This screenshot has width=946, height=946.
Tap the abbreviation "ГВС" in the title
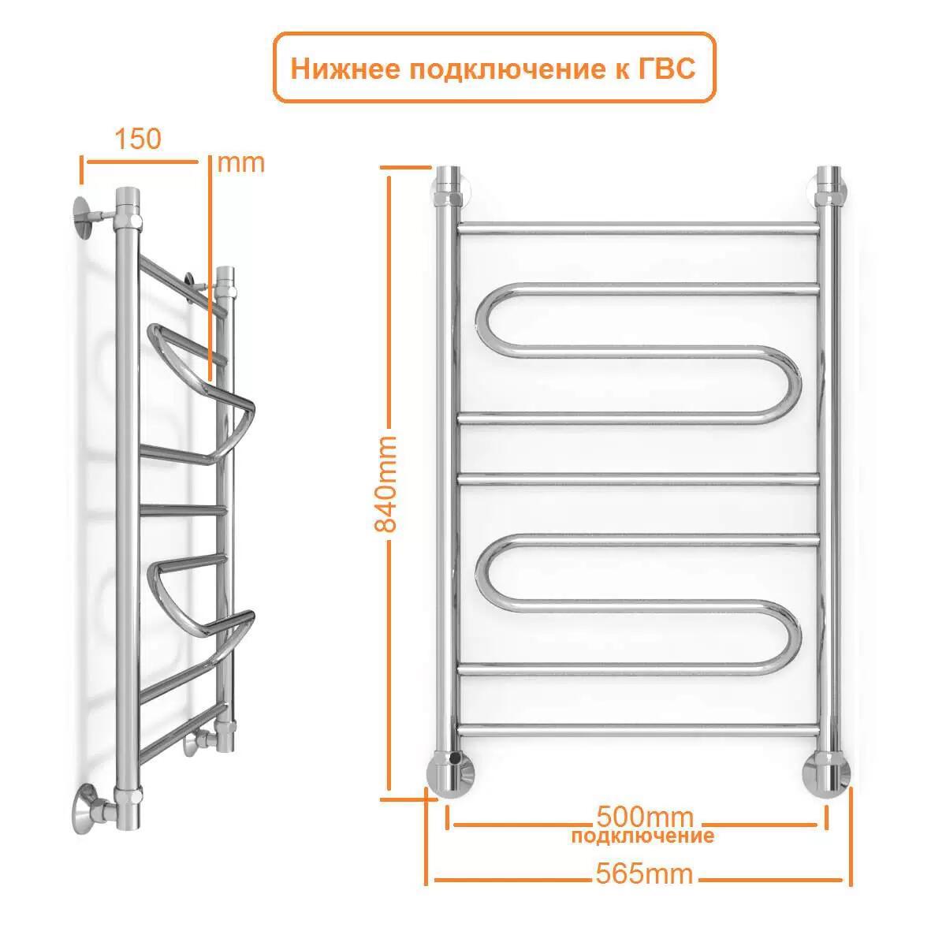665,69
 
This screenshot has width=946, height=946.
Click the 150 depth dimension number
138,139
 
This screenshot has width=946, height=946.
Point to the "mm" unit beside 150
240,163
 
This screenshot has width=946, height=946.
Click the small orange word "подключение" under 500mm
643,836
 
